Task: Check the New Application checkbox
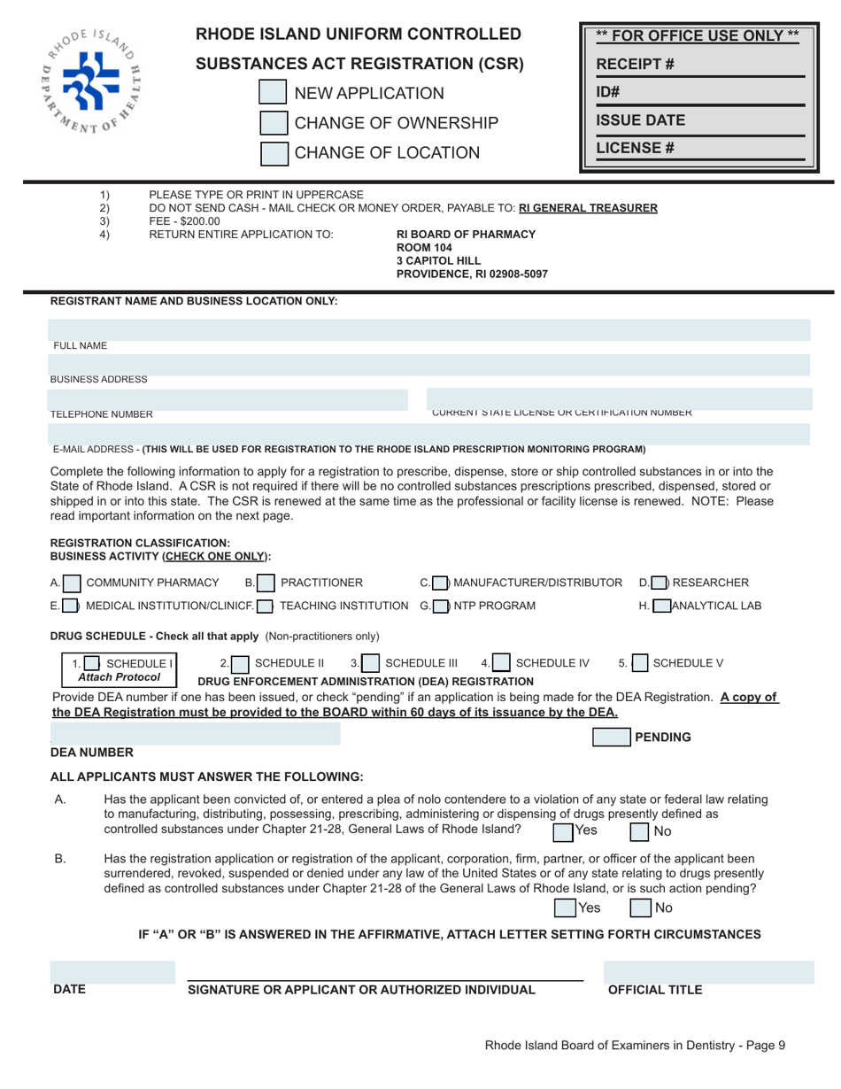[273, 93]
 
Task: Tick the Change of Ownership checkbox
[273, 123]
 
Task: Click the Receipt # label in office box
[629, 64]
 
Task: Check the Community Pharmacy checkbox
[73, 583]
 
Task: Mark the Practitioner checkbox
[267, 583]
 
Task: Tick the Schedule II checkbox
[240, 662]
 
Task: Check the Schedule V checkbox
[639, 662]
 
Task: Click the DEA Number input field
[195, 733]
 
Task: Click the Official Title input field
[708, 972]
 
